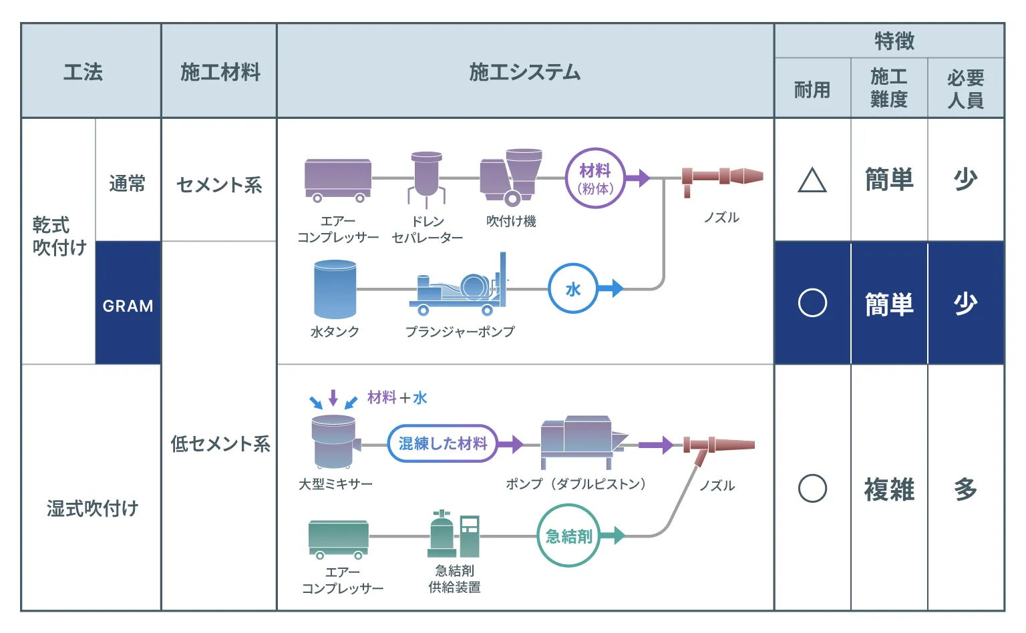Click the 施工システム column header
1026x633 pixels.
click(x=525, y=71)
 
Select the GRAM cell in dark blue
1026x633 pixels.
click(x=128, y=305)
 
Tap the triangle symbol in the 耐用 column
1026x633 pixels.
click(x=812, y=180)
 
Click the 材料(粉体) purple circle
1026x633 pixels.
click(x=594, y=178)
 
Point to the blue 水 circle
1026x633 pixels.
click(x=573, y=288)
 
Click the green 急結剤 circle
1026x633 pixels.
click(x=568, y=536)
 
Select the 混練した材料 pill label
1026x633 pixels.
click(x=443, y=443)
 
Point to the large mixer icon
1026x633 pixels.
click(x=334, y=441)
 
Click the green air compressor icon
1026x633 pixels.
click(x=339, y=538)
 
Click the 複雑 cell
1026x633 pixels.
click(x=889, y=489)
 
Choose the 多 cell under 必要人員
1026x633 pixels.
click(x=966, y=489)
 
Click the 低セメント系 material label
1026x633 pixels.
click(x=220, y=443)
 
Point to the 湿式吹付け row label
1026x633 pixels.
click(x=92, y=508)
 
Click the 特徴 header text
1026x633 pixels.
click(x=894, y=41)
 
